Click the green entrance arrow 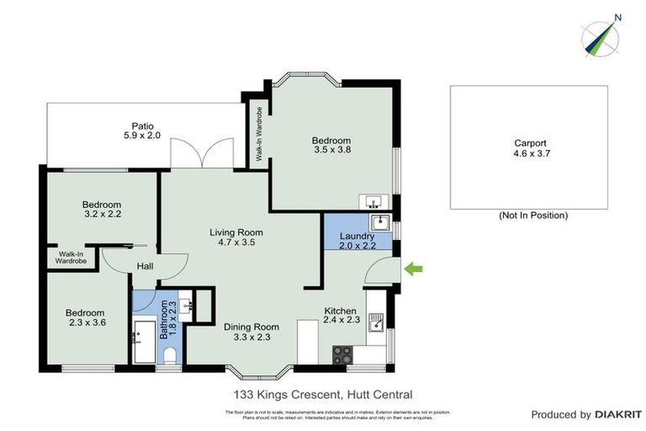(x=413, y=269)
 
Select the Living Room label (x=236, y=237)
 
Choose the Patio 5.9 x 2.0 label (x=142, y=130)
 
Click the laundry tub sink (x=379, y=222)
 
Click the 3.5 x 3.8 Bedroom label (x=331, y=146)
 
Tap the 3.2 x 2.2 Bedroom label (x=102, y=210)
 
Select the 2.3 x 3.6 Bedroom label (x=86, y=318)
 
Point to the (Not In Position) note (x=532, y=215)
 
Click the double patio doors (x=199, y=154)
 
